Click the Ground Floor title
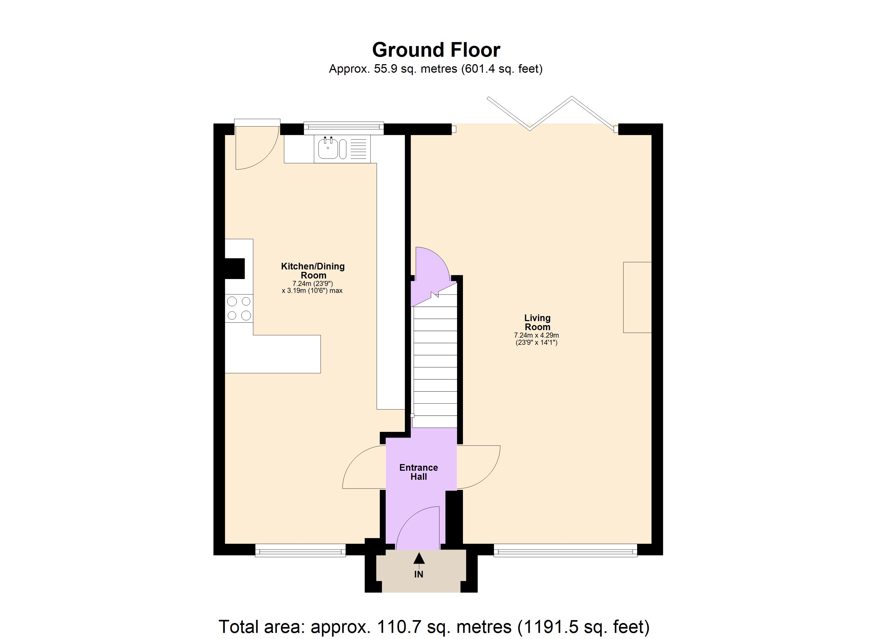point(436,50)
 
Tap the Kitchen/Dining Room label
point(313,271)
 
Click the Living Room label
point(537,322)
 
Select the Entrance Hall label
point(418,472)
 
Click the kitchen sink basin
point(327,149)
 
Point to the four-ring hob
point(239,308)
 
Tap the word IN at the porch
point(418,574)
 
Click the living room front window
point(565,550)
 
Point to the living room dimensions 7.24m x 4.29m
point(536,339)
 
